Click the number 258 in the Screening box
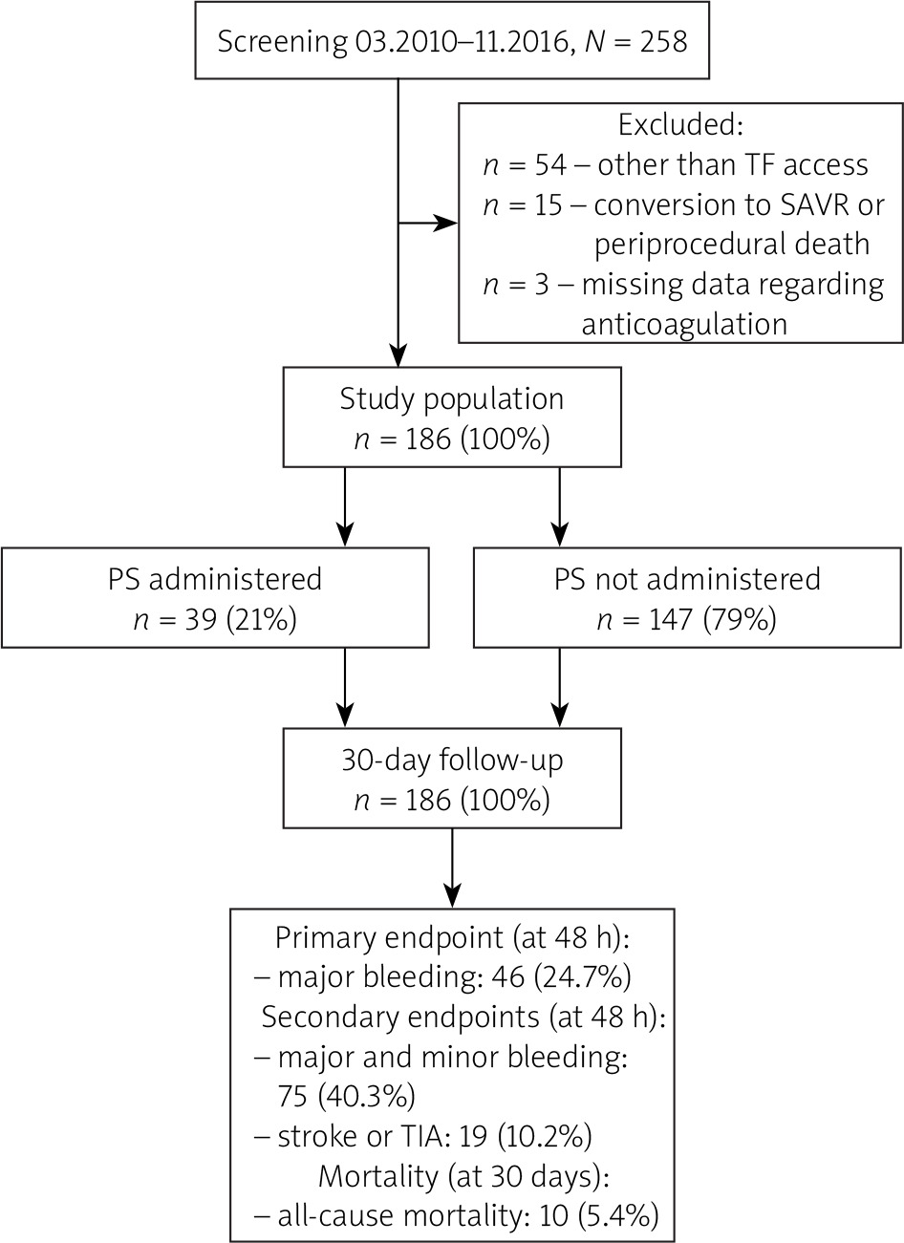click(663, 42)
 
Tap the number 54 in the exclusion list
click(550, 164)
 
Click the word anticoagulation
click(684, 325)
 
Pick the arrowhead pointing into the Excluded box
click(445, 223)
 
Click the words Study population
click(452, 399)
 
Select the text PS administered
click(215, 579)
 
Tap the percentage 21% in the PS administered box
click(261, 620)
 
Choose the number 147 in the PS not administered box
click(671, 620)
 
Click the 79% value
click(740, 620)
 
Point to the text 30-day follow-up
click(452, 761)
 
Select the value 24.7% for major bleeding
click(583, 977)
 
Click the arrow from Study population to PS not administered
click(559, 507)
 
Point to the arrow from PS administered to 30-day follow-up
click(345, 688)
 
